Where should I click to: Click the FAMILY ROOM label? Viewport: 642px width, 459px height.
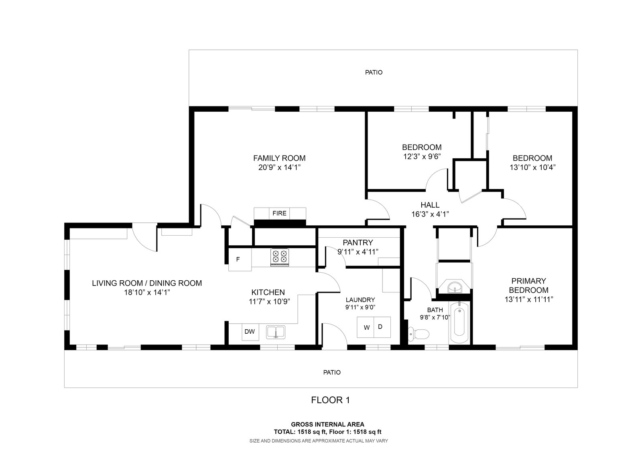point(279,158)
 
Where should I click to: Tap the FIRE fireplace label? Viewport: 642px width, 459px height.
point(279,213)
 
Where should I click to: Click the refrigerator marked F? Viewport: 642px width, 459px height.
point(240,259)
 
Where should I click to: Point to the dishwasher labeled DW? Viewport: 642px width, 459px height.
point(250,332)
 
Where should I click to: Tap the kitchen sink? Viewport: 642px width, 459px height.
point(275,332)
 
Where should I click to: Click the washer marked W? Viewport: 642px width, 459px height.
point(366,327)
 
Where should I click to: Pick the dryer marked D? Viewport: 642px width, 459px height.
point(382,327)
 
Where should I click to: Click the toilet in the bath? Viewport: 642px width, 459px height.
point(419,334)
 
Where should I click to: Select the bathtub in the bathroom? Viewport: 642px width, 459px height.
point(459,323)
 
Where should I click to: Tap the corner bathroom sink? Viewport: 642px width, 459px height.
point(455,286)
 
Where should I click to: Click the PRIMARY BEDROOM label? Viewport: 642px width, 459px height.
point(529,286)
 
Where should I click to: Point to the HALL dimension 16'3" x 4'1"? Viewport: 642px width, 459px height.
point(430,214)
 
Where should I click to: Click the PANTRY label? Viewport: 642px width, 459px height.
point(358,243)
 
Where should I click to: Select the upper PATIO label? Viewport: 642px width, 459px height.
point(374,72)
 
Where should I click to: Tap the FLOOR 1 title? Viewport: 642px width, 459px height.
point(331,400)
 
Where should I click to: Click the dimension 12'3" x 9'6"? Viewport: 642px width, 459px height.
point(421,156)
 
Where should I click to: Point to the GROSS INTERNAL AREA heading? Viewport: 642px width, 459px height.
point(327,424)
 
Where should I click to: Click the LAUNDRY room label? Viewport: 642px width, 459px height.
point(360,300)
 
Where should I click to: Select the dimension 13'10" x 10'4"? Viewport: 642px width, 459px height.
point(532,167)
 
